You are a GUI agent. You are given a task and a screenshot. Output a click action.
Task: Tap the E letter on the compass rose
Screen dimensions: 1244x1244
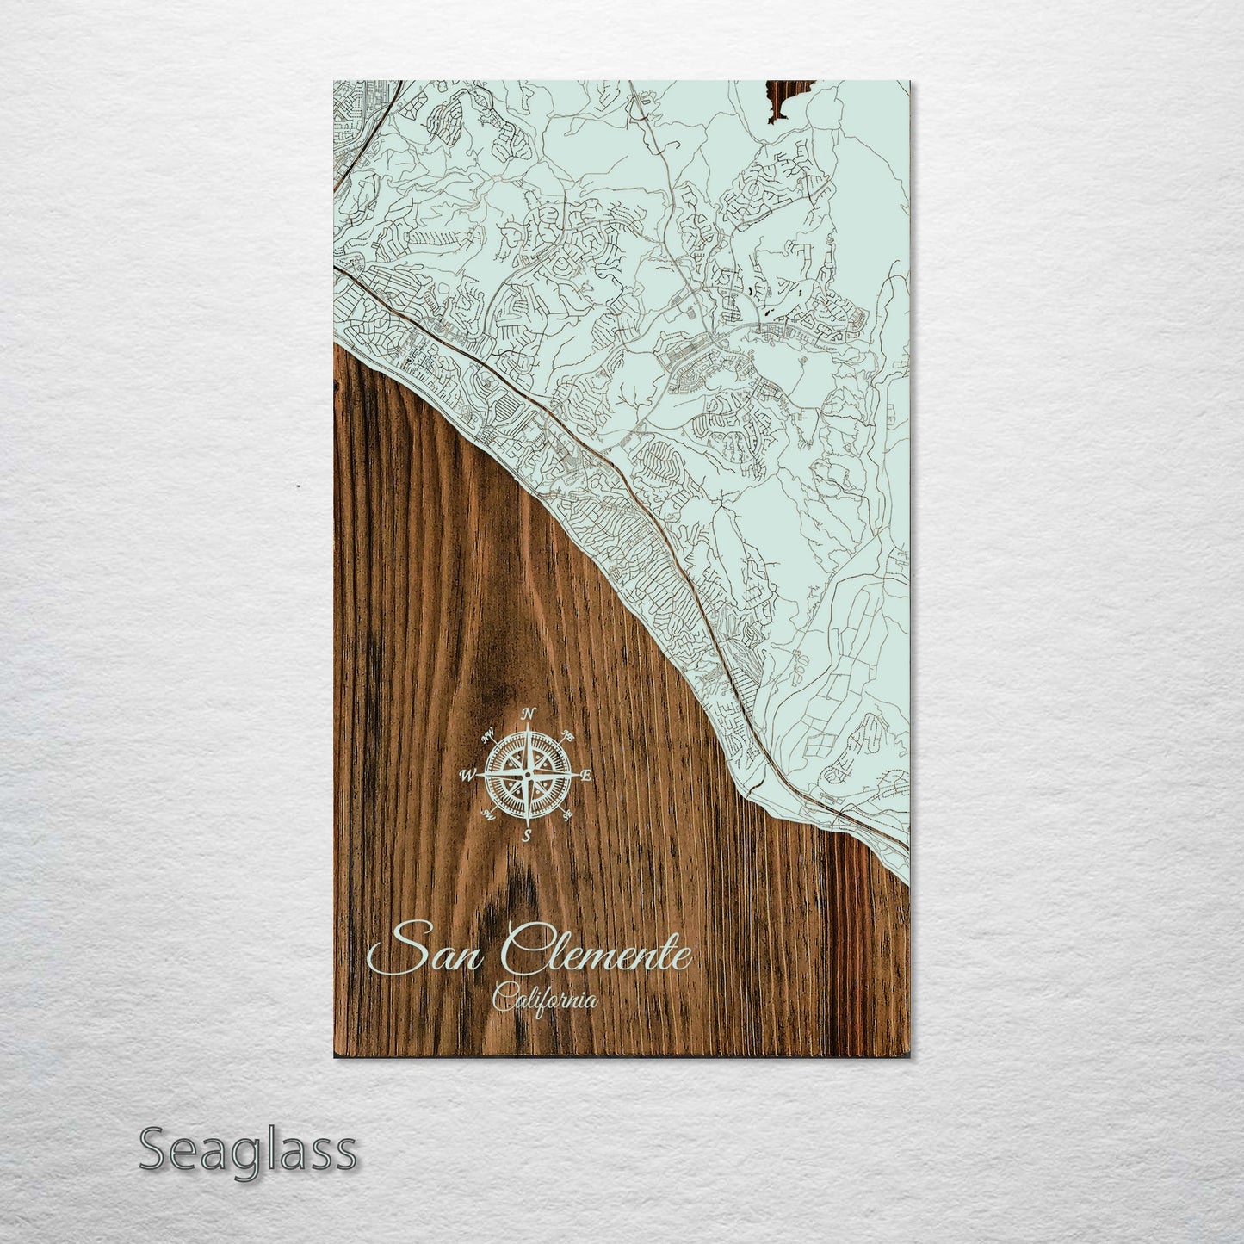[x=586, y=777]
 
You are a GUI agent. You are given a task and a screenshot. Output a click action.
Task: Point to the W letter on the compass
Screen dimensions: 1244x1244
[x=470, y=775]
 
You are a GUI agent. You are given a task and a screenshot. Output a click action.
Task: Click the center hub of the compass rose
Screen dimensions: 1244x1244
[x=528, y=775]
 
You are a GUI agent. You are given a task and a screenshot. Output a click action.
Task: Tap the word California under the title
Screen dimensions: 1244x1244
[x=545, y=1000]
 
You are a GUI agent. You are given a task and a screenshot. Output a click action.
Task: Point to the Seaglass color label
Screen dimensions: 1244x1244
[x=247, y=1150]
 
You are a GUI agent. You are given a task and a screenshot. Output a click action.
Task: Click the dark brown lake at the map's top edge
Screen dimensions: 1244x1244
[x=782, y=96]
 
